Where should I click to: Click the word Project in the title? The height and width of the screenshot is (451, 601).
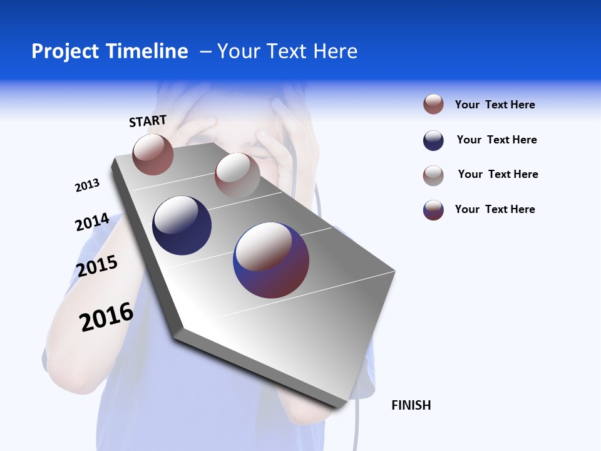click(x=65, y=51)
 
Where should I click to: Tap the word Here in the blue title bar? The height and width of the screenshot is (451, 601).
click(x=335, y=51)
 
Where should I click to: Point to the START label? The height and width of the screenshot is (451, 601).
click(x=148, y=121)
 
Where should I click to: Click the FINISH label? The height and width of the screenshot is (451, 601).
click(x=411, y=405)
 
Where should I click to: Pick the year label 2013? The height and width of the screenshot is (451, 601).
click(x=87, y=185)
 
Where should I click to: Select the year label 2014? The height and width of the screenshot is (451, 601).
click(x=92, y=222)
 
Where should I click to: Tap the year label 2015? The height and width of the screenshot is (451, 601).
click(x=97, y=266)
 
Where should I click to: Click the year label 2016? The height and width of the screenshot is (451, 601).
click(x=106, y=317)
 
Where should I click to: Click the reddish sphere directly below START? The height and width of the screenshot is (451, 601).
click(x=153, y=154)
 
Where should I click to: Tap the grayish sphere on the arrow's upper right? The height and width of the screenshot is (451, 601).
click(x=237, y=175)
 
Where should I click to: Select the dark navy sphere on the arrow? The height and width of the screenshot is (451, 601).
click(x=182, y=225)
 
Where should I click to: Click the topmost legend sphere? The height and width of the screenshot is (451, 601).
click(x=433, y=104)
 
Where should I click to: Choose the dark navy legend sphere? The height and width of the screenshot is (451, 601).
click(x=433, y=140)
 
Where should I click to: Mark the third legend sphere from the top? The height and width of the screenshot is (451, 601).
click(x=433, y=175)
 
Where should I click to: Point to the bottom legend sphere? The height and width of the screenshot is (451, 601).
click(x=433, y=210)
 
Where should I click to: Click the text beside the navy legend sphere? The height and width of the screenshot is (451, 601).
click(x=496, y=140)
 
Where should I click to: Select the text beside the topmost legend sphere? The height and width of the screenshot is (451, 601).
click(x=495, y=105)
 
